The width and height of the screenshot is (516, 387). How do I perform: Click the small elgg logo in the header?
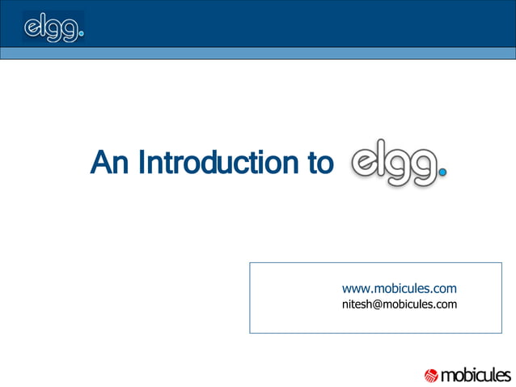[53, 28]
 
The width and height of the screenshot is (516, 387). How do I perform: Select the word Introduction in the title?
[216, 163]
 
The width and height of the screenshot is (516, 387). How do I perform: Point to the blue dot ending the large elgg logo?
[442, 171]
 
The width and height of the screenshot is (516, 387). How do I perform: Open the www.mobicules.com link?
[400, 288]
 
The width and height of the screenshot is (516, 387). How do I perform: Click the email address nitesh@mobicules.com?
[400, 304]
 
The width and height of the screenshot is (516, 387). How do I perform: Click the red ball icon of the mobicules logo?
[431, 375]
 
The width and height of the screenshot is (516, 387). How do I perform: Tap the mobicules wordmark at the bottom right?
[476, 375]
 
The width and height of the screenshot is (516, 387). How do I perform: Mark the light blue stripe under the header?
[258, 53]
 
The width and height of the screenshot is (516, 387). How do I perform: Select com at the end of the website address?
[445, 288]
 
